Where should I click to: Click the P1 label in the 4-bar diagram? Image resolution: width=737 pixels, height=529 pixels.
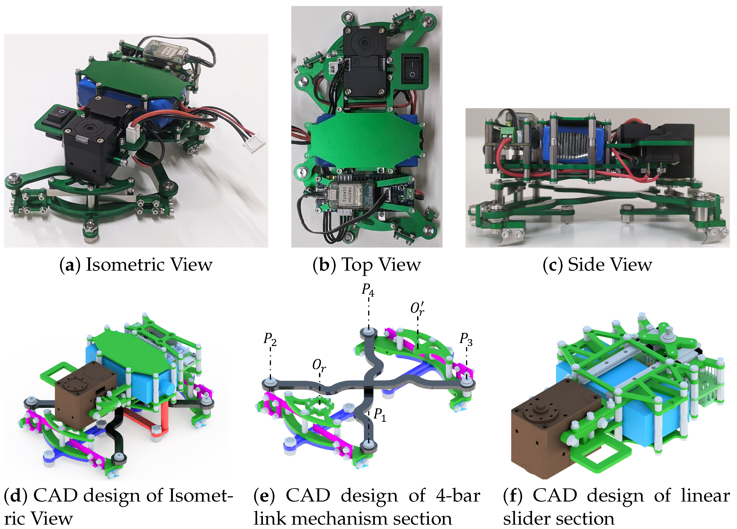click(379, 415)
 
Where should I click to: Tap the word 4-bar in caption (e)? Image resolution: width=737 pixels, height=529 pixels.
click(458, 496)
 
